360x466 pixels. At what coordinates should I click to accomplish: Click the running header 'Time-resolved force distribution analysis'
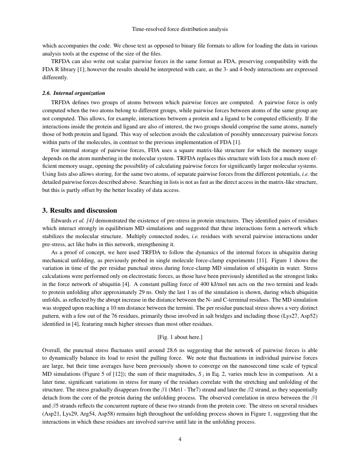point(180,29)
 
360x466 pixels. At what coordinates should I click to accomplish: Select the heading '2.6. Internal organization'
point(74,93)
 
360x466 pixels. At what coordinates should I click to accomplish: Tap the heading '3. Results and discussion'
point(80,211)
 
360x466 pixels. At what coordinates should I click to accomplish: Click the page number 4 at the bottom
point(180,439)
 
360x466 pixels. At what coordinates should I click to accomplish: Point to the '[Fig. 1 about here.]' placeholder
point(180,337)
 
